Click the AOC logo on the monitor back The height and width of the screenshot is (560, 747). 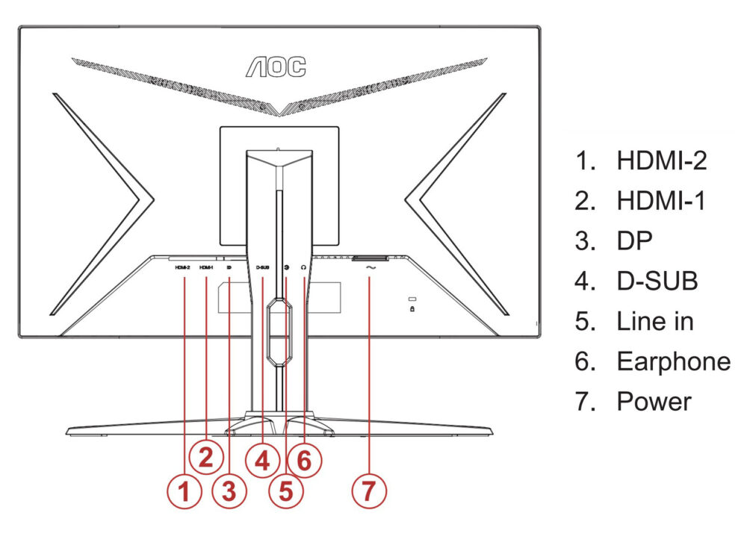[276, 66]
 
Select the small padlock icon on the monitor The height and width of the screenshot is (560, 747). [412, 308]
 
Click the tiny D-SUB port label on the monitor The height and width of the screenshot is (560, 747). [262, 267]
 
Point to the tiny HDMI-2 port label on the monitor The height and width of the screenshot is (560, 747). [183, 267]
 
